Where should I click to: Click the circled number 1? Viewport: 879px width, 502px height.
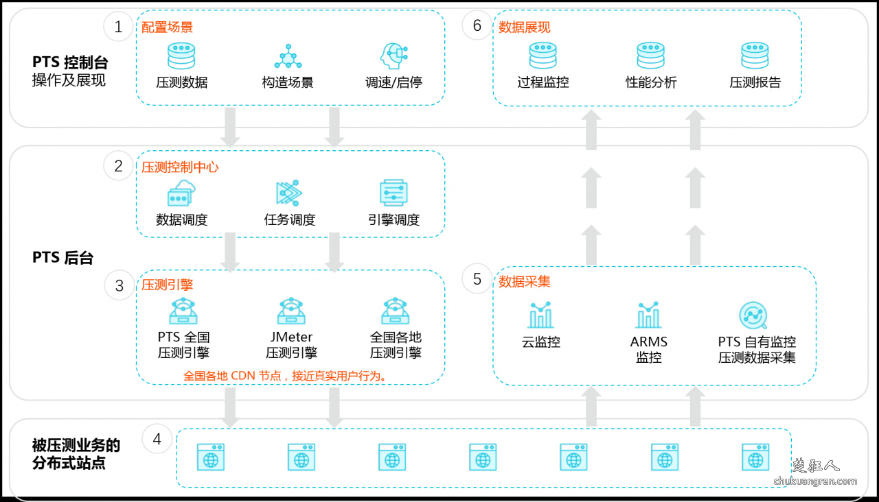coord(118,27)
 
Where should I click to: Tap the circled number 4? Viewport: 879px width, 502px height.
coord(157,439)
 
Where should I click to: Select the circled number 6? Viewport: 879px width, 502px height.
coord(477,27)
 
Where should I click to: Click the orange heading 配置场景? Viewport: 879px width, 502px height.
coord(167,27)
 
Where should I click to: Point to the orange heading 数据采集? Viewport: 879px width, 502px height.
coord(524,282)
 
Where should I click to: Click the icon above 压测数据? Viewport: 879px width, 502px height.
coord(181,56)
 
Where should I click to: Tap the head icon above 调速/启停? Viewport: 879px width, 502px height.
coord(393,56)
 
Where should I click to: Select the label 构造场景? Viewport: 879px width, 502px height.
coord(288,82)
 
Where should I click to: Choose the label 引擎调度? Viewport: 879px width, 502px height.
coord(393,220)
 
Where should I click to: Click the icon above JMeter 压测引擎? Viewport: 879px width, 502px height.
coord(291,311)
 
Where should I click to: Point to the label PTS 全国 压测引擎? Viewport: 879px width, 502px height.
coord(183,345)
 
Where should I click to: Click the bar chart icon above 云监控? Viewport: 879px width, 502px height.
coord(541,315)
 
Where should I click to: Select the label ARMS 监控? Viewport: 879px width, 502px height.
coord(649,349)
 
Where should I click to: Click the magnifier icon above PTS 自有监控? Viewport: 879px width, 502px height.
coord(753,315)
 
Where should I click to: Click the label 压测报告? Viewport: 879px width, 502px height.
coord(755,82)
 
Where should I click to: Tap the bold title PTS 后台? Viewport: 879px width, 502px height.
coord(62,258)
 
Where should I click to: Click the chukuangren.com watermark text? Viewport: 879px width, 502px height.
coord(815,481)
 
